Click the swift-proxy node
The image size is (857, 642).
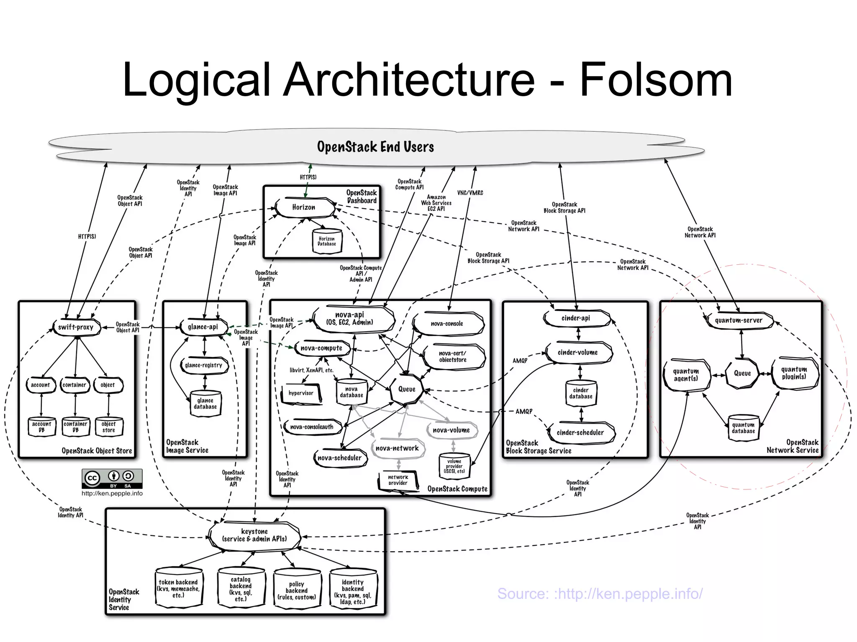click(76, 327)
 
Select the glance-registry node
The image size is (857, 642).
click(204, 365)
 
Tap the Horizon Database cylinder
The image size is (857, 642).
click(327, 241)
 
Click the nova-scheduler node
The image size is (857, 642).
click(339, 458)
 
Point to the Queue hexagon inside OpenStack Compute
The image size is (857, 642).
click(406, 389)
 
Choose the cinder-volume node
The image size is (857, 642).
click(578, 353)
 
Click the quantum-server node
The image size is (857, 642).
click(739, 321)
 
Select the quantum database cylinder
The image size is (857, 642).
click(743, 428)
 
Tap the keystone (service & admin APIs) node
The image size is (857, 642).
click(254, 535)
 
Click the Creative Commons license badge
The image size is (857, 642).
click(112, 478)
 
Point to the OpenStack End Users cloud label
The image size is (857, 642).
click(375, 147)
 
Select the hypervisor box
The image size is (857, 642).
click(301, 393)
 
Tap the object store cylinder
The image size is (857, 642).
click(108, 427)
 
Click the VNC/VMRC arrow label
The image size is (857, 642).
click(470, 193)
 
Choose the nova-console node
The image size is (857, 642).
click(447, 324)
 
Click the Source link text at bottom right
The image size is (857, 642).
click(600, 593)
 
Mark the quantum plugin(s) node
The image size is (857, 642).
click(794, 373)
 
